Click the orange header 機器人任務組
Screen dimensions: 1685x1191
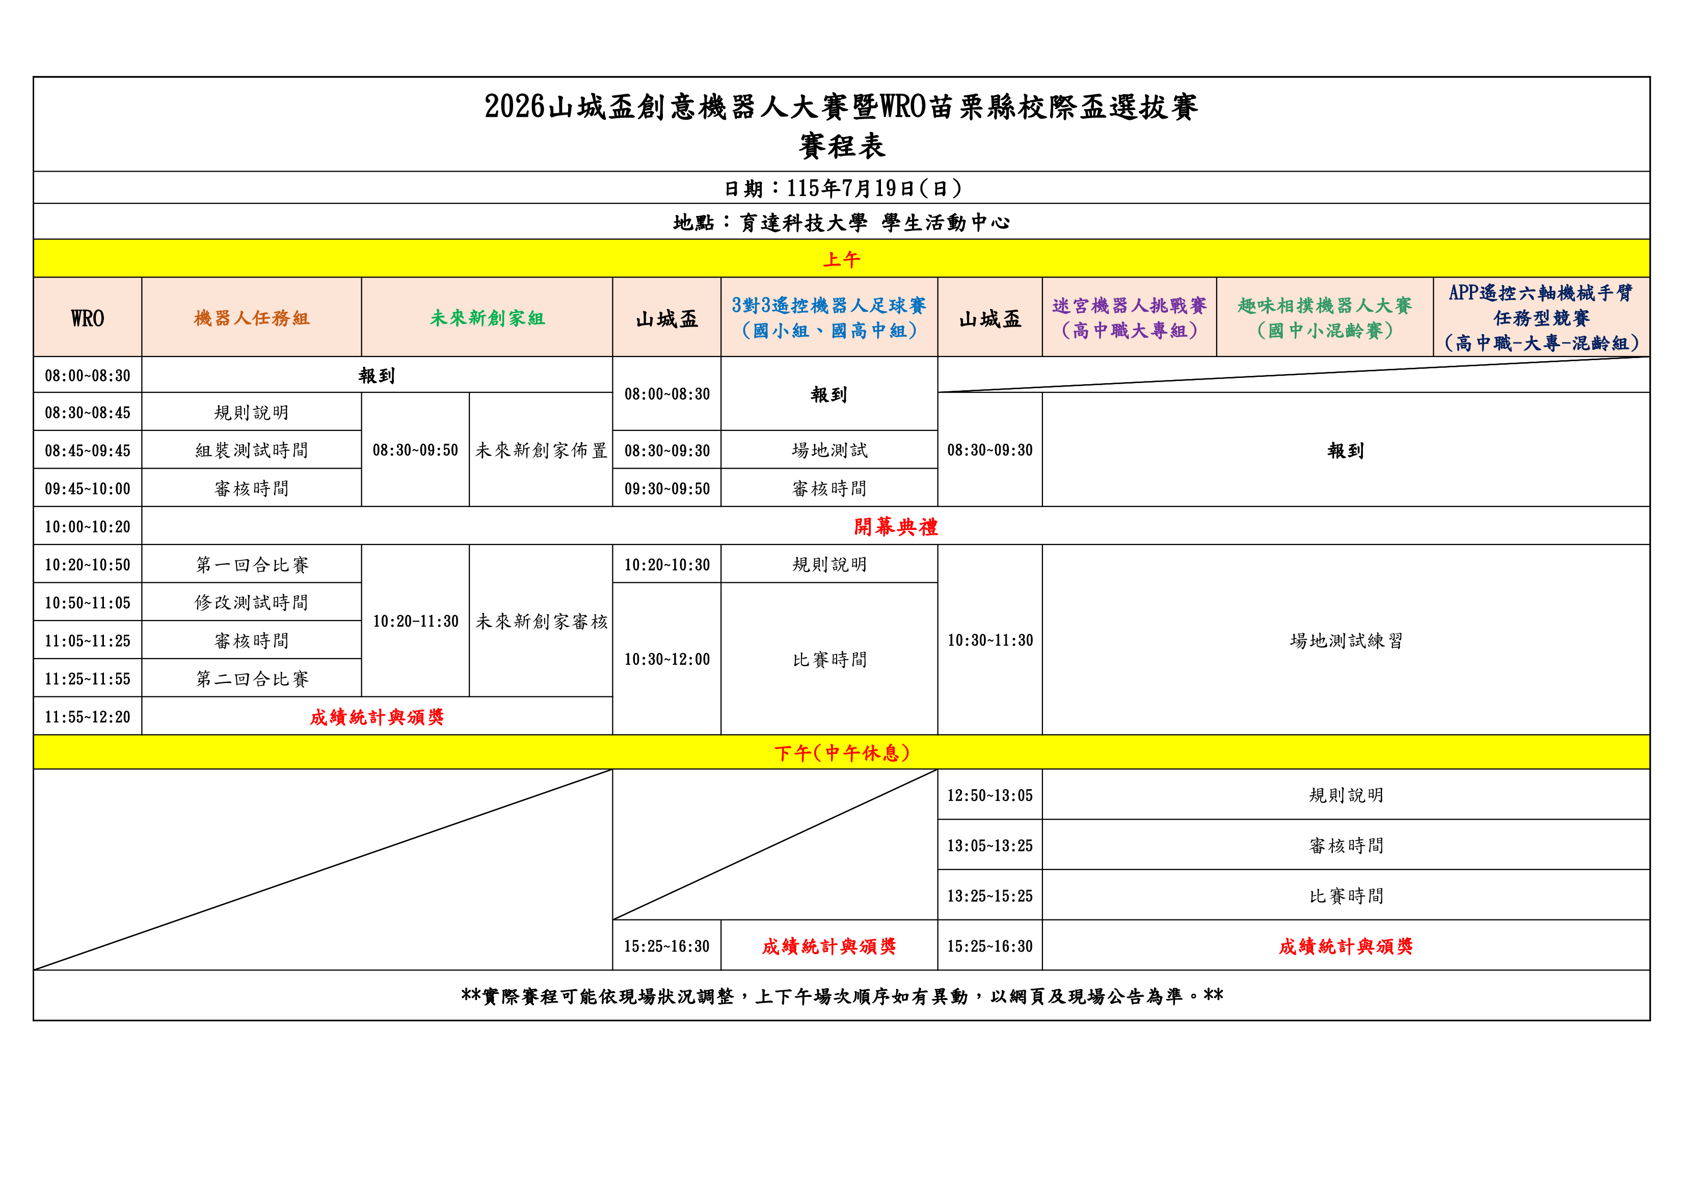(x=252, y=318)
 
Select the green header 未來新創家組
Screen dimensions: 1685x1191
(x=487, y=318)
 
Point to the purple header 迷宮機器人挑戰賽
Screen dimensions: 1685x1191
(x=1130, y=305)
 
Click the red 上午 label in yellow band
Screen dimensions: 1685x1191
(x=842, y=259)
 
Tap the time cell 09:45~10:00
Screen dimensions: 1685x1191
(x=87, y=489)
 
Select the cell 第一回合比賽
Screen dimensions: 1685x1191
(x=252, y=564)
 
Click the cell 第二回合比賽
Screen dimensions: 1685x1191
(x=252, y=679)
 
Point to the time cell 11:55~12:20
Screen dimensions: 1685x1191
(x=87, y=717)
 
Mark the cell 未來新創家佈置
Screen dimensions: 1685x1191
(x=541, y=450)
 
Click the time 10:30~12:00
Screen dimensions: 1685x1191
(x=667, y=660)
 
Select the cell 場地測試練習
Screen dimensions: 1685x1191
(x=1346, y=641)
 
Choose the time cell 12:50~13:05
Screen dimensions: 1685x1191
(x=989, y=796)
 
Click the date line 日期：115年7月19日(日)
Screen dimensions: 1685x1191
(x=842, y=188)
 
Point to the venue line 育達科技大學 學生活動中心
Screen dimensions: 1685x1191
(x=874, y=222)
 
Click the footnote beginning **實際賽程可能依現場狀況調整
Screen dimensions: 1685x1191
(x=842, y=996)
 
